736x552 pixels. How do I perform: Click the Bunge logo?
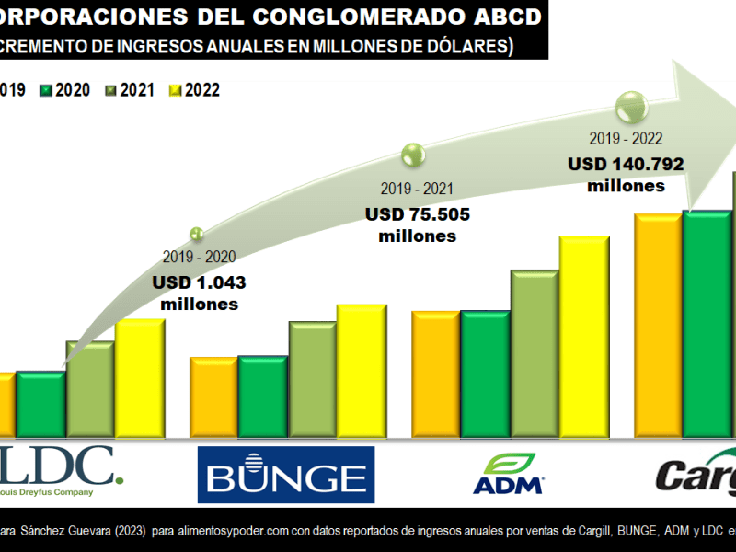click(x=286, y=475)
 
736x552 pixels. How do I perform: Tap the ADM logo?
click(x=507, y=474)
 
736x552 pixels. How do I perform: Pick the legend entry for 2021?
click(x=129, y=90)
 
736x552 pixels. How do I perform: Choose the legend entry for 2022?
click(x=194, y=90)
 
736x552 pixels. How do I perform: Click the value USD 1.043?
click(x=199, y=283)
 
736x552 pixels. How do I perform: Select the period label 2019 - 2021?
click(x=417, y=189)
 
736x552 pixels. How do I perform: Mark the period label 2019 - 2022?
click(x=626, y=140)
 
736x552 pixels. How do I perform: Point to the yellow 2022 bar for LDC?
click(x=139, y=377)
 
